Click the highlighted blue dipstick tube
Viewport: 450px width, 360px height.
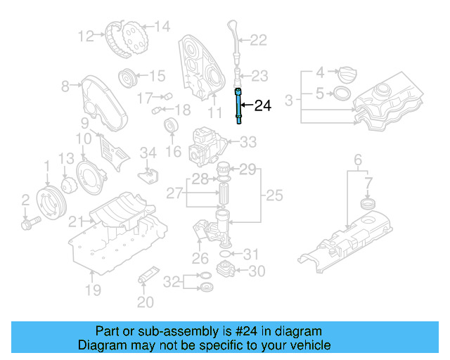point(239,106)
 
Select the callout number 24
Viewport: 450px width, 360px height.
point(262,106)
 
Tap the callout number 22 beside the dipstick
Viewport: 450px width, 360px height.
point(258,40)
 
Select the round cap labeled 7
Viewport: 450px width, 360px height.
point(365,204)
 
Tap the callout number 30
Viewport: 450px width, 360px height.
point(257,271)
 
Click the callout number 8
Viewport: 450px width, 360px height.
point(65,86)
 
